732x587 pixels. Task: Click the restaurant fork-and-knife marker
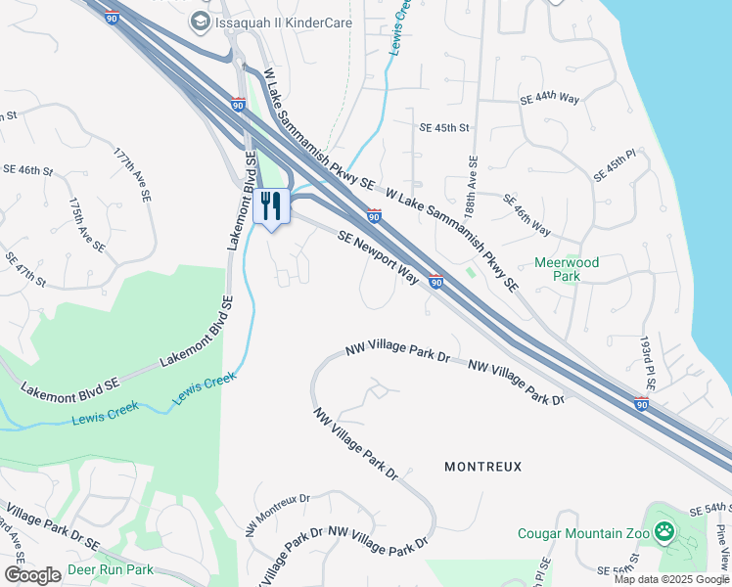point(272,206)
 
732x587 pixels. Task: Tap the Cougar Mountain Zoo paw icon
point(665,533)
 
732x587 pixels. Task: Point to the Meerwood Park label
point(567,269)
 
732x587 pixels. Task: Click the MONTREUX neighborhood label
point(483,467)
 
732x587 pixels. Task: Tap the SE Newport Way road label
point(378,258)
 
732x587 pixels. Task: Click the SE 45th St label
point(444,128)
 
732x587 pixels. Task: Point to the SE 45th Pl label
point(615,166)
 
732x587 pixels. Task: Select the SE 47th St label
point(25,269)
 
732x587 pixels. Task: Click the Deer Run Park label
point(111,569)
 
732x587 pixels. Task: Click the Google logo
point(32,575)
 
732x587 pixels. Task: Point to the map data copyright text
point(672,579)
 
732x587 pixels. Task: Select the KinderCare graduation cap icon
point(201,21)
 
